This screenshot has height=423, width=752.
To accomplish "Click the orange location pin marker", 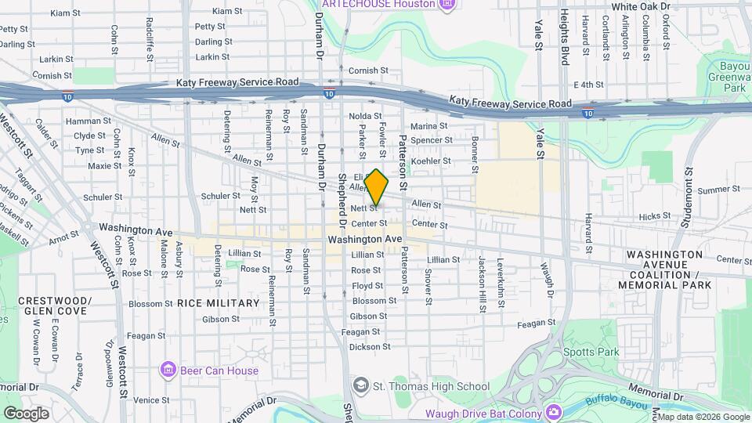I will click(x=377, y=187).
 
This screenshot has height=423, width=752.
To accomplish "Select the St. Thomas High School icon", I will click(x=360, y=385).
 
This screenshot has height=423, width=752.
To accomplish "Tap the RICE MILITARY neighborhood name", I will click(x=218, y=303).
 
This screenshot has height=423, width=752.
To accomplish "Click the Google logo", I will click(x=26, y=414).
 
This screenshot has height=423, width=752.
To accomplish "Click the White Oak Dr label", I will click(x=641, y=6).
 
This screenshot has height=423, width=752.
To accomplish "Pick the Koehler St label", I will click(x=431, y=161).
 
